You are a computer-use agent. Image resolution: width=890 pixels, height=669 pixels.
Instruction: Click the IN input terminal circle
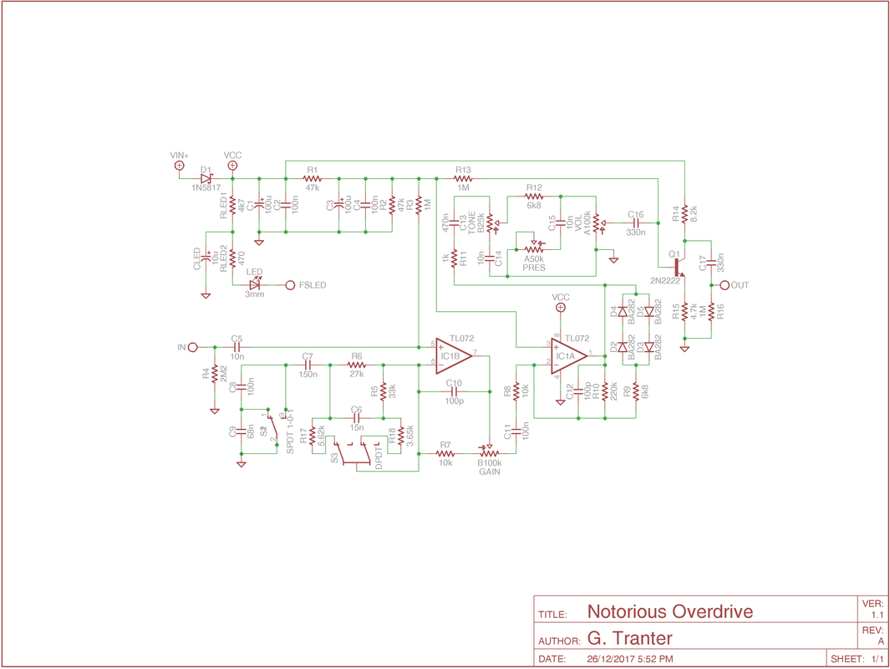[x=193, y=347]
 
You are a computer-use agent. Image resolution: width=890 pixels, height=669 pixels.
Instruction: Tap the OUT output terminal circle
[x=725, y=285]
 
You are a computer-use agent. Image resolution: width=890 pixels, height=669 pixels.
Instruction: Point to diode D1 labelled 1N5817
[x=206, y=178]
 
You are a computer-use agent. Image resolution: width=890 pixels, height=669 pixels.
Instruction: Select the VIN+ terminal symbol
[x=179, y=166]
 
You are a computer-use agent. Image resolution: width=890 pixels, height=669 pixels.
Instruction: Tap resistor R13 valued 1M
[x=463, y=178]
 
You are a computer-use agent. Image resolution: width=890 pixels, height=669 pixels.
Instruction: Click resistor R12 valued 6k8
[x=534, y=197]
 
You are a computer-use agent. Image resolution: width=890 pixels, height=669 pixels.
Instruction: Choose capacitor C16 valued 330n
[x=635, y=223]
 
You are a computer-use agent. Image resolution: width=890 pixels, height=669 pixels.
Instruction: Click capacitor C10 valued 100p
[x=454, y=391]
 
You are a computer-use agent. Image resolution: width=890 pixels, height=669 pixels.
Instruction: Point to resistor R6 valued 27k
[x=357, y=365]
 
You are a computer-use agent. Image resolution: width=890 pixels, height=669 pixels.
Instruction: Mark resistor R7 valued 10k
[x=445, y=453]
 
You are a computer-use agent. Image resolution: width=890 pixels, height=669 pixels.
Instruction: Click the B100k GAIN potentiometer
[x=490, y=452]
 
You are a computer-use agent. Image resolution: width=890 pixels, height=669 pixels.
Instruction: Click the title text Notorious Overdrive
[x=669, y=611]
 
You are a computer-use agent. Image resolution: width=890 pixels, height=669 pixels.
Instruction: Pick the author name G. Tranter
[x=629, y=638]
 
